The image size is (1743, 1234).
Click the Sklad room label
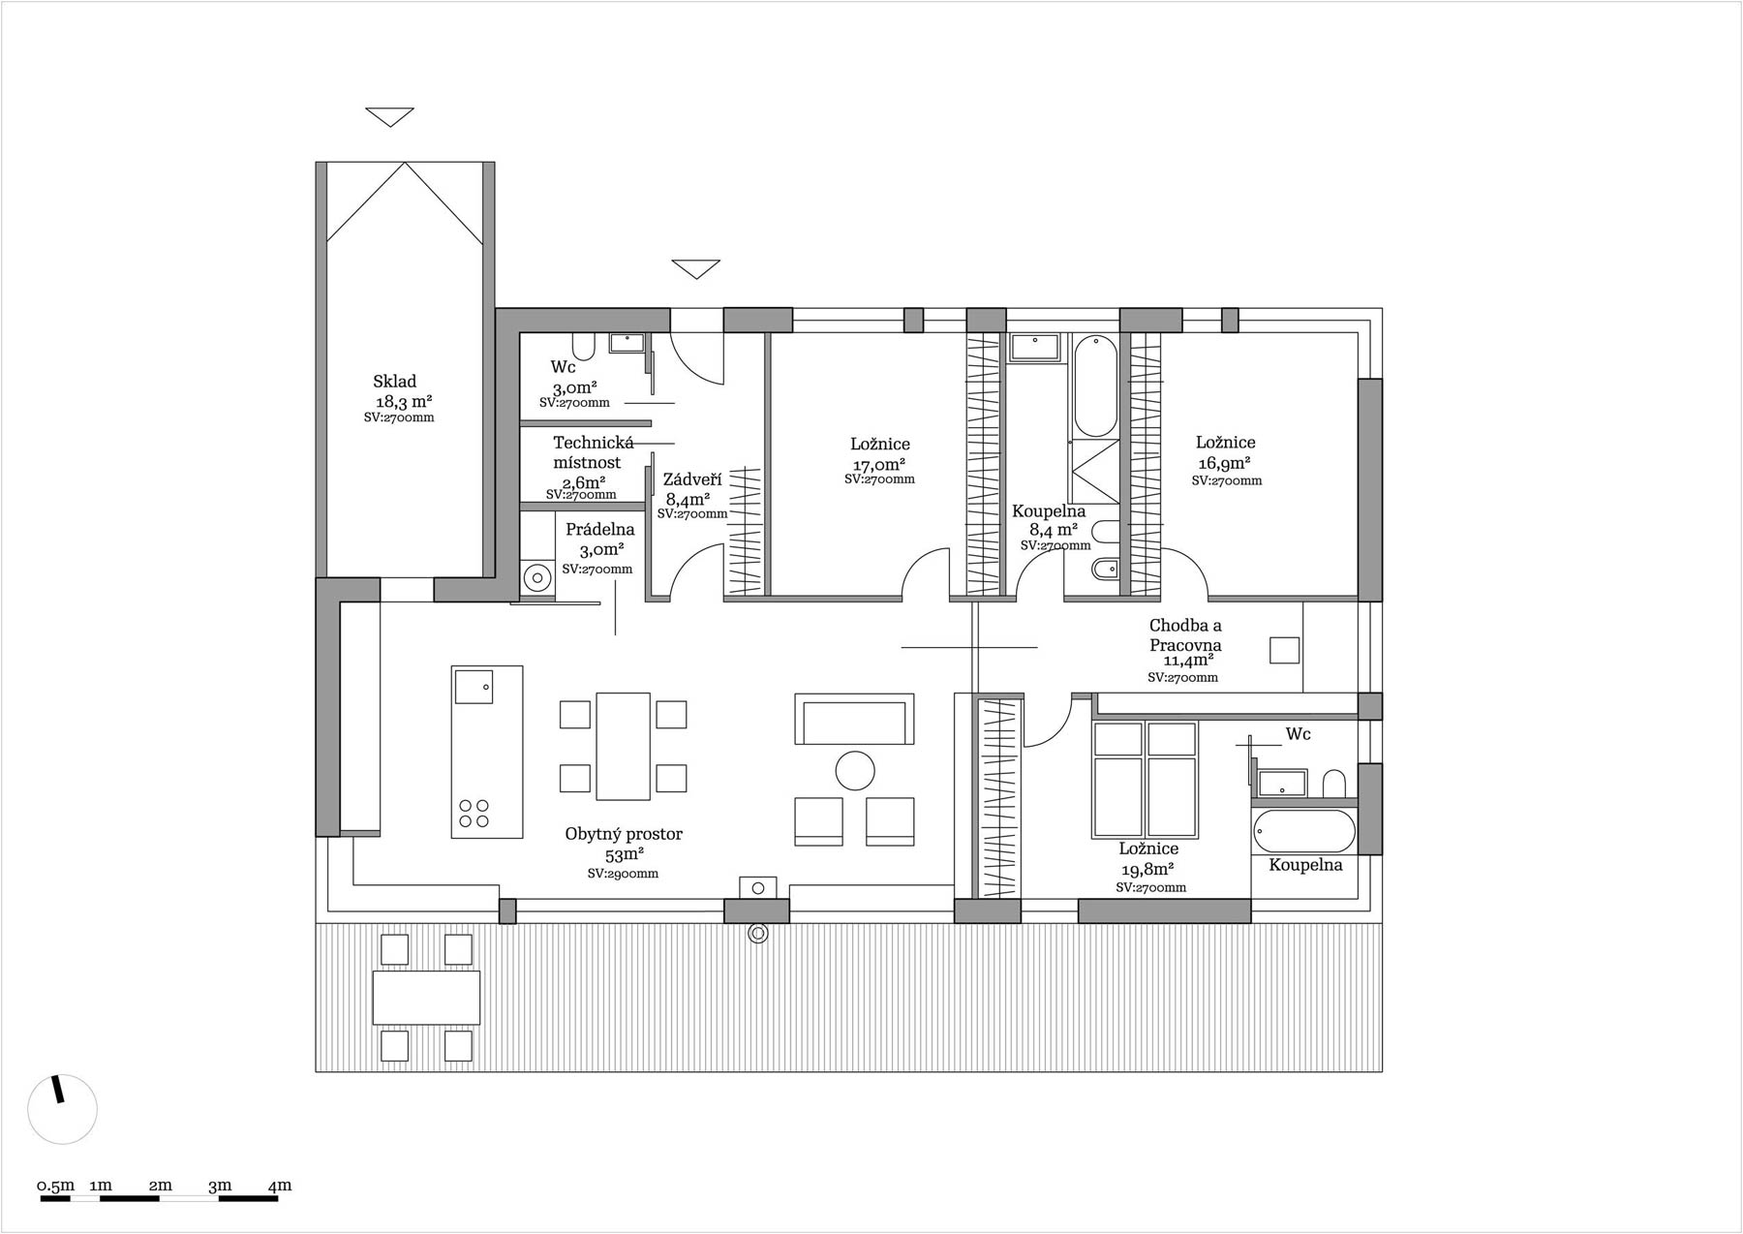click(x=394, y=382)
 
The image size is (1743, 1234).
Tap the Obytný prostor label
click(x=624, y=834)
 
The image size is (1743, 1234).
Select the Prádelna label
click(x=600, y=530)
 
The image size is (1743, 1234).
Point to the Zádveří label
click(x=692, y=479)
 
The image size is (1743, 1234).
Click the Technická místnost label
click(x=593, y=452)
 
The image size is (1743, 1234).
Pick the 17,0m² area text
click(x=879, y=464)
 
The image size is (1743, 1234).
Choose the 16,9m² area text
click(x=1225, y=463)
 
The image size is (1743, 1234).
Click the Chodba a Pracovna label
click(x=1185, y=635)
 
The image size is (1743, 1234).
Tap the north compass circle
click(x=63, y=1109)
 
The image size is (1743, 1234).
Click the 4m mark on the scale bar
click(x=279, y=1186)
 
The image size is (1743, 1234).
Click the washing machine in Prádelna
click(x=535, y=578)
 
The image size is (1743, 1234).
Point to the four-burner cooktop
click(x=474, y=813)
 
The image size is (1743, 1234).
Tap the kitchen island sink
click(x=474, y=687)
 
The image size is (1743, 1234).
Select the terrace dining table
click(x=426, y=997)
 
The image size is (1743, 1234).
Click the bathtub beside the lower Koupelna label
click(x=1304, y=830)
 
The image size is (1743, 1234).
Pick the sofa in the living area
click(x=854, y=719)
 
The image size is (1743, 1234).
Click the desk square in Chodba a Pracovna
click(x=1285, y=650)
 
